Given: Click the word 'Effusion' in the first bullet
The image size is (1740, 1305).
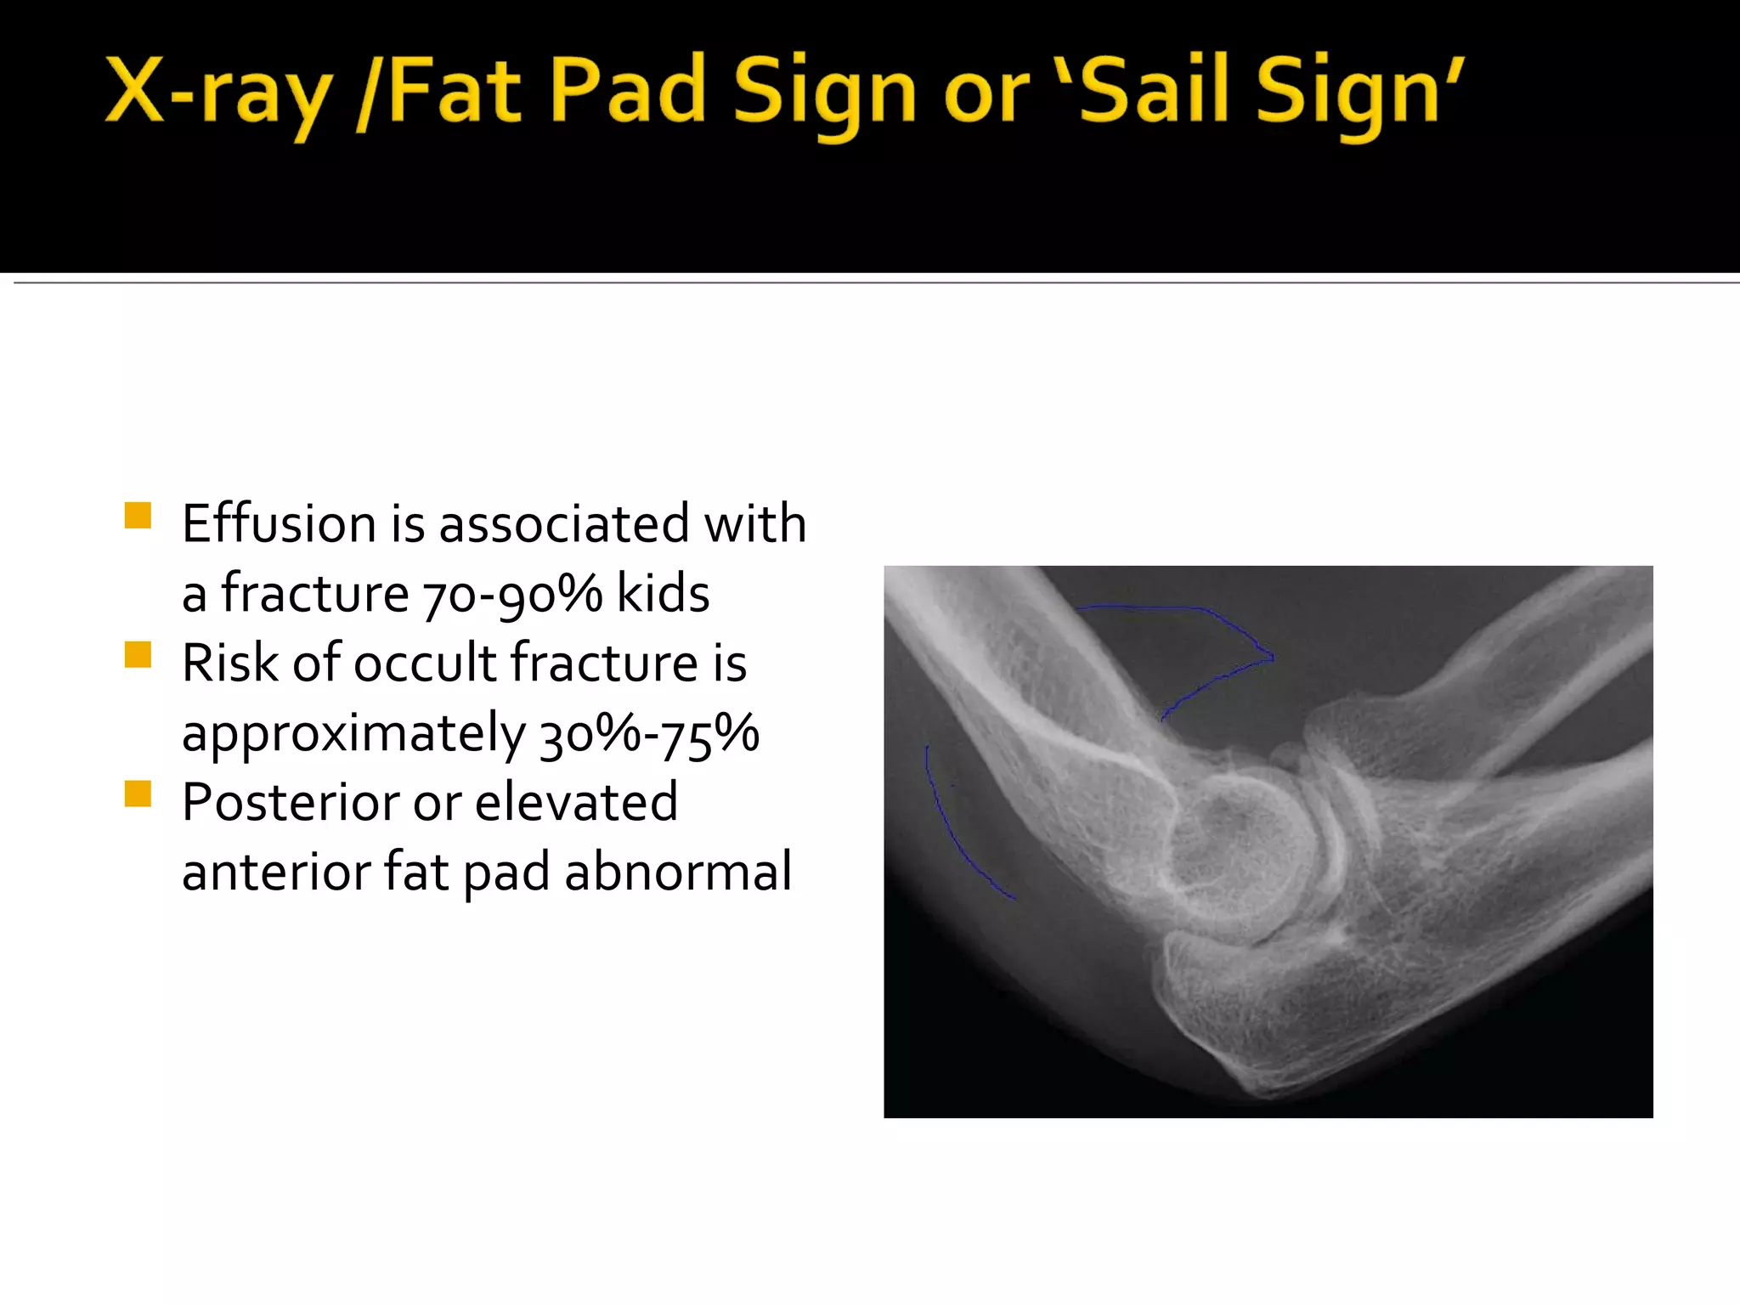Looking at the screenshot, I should (x=277, y=523).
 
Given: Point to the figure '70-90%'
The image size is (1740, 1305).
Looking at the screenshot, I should (x=511, y=594).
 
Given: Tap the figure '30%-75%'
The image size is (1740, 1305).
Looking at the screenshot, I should (x=649, y=733).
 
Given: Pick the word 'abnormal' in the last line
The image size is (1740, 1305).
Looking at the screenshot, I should (x=678, y=872).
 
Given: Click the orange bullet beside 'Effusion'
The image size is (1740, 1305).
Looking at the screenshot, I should (x=138, y=516).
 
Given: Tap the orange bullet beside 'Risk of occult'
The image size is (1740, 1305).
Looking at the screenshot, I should (x=138, y=655).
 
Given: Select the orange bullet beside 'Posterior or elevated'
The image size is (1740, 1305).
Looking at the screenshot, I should (x=138, y=794).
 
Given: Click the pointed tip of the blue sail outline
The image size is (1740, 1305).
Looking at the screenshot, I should (x=1272, y=656).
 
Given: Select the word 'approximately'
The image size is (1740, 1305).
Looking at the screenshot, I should (x=353, y=735).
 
